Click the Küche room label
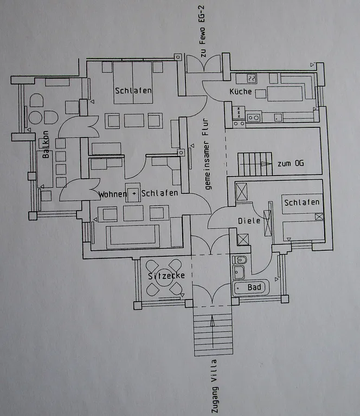(x=241, y=92)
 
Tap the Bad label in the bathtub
(x=254, y=287)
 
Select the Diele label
(x=249, y=221)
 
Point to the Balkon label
(x=46, y=144)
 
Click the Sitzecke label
(x=166, y=276)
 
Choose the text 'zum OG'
(x=291, y=164)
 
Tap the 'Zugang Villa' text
(x=215, y=386)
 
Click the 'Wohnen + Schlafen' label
(x=138, y=194)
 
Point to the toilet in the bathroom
(x=240, y=260)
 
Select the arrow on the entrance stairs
(x=213, y=331)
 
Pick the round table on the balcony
(x=35, y=118)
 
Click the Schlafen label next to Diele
(x=302, y=203)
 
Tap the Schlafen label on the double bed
(x=133, y=91)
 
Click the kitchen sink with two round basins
(x=254, y=118)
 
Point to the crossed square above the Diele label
(x=241, y=191)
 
